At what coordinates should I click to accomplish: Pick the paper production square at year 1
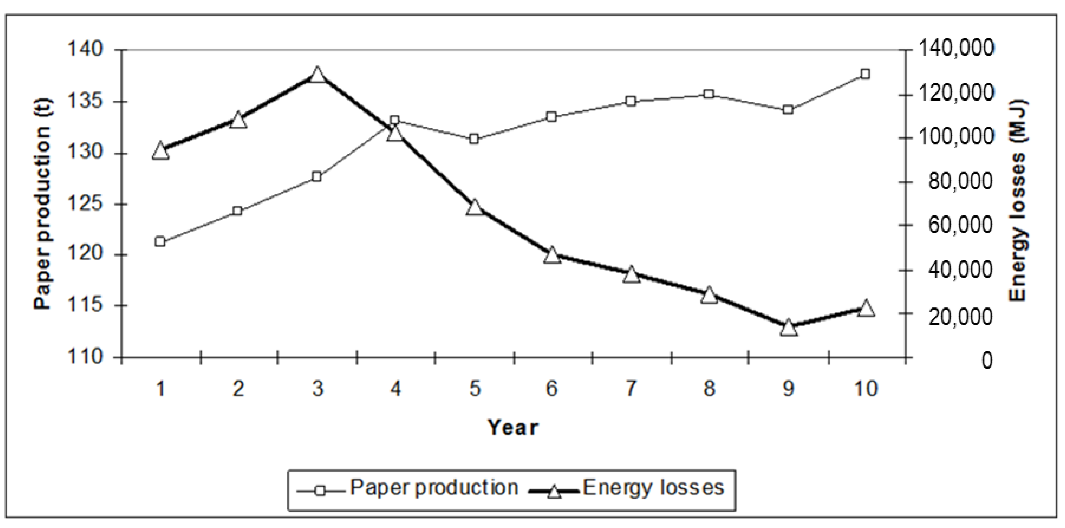pyautogui.click(x=160, y=242)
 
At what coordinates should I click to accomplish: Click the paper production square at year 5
pyautogui.click(x=474, y=139)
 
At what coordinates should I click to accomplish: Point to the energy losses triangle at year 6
pyautogui.click(x=552, y=255)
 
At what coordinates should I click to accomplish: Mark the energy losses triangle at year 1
pyautogui.click(x=160, y=151)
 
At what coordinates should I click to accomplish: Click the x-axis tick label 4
pyautogui.click(x=396, y=389)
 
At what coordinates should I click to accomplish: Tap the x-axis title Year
pyautogui.click(x=513, y=428)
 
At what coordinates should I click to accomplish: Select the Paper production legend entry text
pyautogui.click(x=434, y=488)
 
